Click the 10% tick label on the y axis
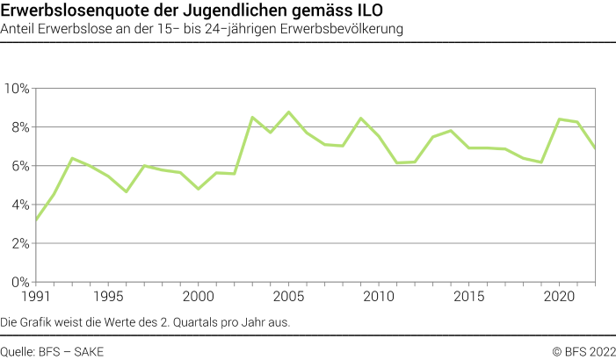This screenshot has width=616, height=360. coord(18,89)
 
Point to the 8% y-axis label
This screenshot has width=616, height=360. coord(20,127)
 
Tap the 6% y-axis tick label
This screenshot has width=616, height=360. coord(20,166)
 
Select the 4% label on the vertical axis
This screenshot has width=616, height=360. coord(20,205)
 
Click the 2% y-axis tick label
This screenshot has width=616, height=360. coord(20,243)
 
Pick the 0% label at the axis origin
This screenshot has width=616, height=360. coord(20,282)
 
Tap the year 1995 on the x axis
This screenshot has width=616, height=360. coord(108,298)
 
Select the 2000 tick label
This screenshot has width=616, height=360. coord(199,298)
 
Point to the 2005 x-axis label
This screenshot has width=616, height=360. coord(289,298)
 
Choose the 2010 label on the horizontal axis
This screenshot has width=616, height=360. coord(379,298)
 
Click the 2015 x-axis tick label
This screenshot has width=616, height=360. coord(469,298)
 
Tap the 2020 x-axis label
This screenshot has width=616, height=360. coord(560,298)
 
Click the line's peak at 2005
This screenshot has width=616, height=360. coord(289,112)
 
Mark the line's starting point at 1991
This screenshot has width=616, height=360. coord(36,220)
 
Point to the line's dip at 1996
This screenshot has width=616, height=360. coord(127,191)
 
